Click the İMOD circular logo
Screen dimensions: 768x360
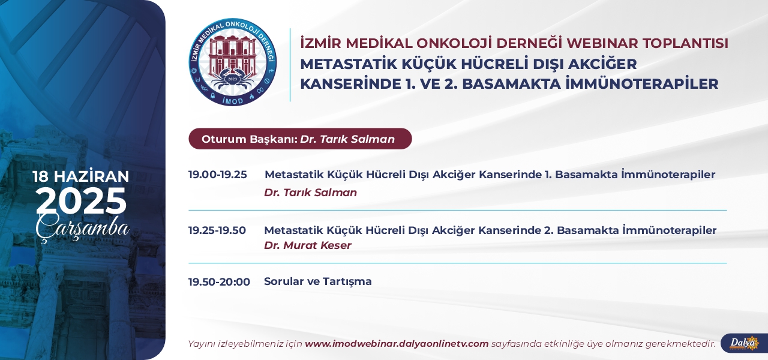click(233, 62)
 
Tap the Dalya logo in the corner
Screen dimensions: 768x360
click(745, 343)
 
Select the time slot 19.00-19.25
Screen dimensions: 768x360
click(217, 175)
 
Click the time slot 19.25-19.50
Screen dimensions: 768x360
click(217, 230)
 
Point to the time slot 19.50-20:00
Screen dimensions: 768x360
click(219, 282)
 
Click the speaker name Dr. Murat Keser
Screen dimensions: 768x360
click(308, 245)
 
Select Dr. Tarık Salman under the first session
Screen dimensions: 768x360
click(310, 193)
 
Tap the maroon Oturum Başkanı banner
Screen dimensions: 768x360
click(300, 139)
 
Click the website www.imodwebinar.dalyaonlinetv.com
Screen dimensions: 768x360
click(397, 344)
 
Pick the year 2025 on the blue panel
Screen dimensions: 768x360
click(81, 201)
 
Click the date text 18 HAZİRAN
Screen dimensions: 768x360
click(81, 176)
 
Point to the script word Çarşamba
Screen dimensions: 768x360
click(82, 227)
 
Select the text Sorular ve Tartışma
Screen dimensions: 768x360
click(318, 281)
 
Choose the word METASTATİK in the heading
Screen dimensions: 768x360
click(349, 64)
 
